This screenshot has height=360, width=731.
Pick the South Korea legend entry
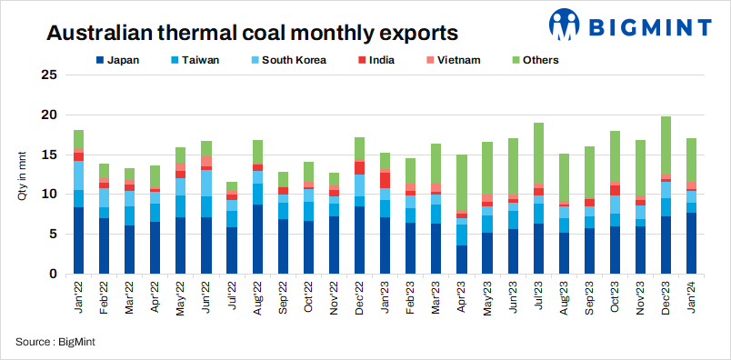coord(285,61)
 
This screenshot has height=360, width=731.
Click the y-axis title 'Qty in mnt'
coord(24,175)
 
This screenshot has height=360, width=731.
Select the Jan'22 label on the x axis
coord(79,297)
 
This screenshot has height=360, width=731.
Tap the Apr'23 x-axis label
coord(461,297)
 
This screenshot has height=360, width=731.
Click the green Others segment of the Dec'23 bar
coord(666,145)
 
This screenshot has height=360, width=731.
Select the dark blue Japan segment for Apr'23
coord(462,259)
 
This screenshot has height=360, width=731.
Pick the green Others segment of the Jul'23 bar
coord(538,153)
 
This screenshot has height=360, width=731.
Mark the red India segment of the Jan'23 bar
coord(386,180)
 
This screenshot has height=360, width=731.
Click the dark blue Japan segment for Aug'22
coord(258,239)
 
